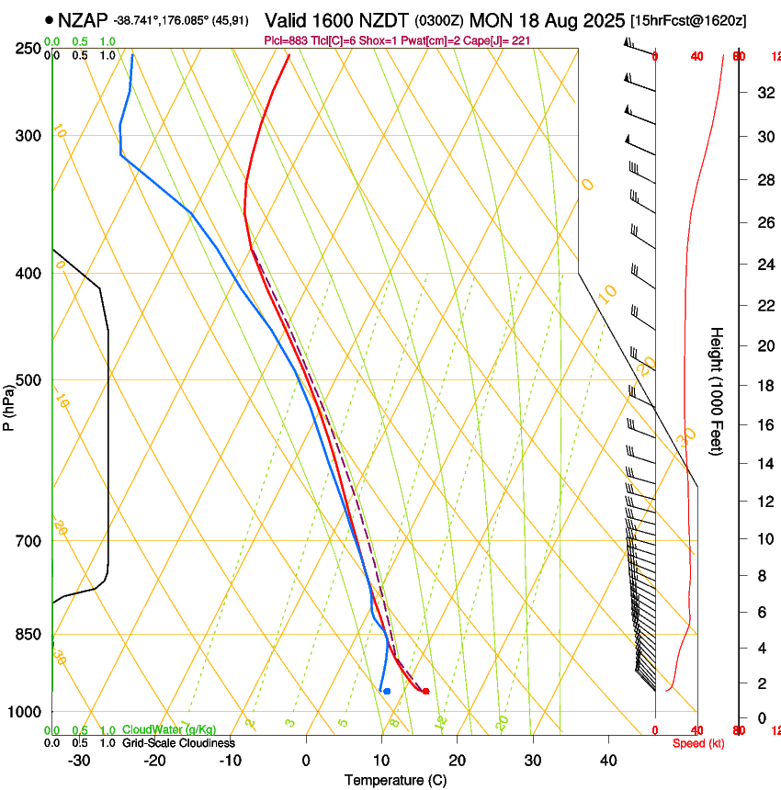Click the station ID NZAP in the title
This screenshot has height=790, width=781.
tap(82, 19)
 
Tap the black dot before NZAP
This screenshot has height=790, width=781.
tap(48, 19)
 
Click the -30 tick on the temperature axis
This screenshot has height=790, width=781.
tap(79, 760)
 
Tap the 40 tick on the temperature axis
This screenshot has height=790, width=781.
tap(608, 760)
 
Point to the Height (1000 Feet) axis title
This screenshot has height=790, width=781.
tap(718, 390)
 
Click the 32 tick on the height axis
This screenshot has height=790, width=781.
tap(763, 92)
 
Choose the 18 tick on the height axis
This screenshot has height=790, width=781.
tap(763, 386)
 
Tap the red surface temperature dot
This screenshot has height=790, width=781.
tap(425, 691)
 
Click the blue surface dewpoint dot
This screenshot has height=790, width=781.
tap(387, 691)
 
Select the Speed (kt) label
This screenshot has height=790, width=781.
tap(698, 742)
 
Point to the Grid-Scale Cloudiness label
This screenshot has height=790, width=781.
tap(178, 742)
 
